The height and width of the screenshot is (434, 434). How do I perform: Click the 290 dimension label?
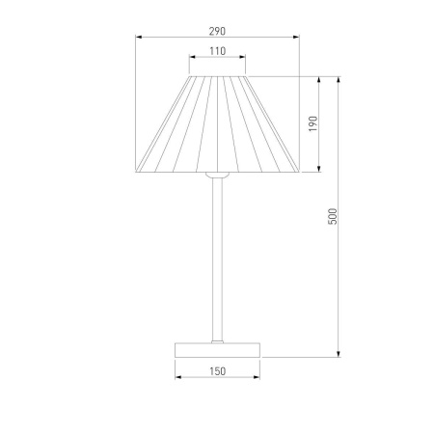click(x=217, y=31)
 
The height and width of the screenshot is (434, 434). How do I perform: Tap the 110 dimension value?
click(x=218, y=51)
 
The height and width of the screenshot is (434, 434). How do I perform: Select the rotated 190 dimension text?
click(x=312, y=123)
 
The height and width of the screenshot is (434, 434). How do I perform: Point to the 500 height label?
click(x=333, y=216)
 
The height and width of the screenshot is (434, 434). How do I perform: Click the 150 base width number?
click(x=218, y=371)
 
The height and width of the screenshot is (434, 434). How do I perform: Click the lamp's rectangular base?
click(x=217, y=350)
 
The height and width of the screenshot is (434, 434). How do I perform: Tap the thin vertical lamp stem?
click(x=217, y=259)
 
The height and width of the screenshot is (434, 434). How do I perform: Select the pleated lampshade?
click(x=217, y=124)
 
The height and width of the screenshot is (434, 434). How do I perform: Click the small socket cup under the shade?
click(x=217, y=176)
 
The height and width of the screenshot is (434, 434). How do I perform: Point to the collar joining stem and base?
click(x=217, y=341)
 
